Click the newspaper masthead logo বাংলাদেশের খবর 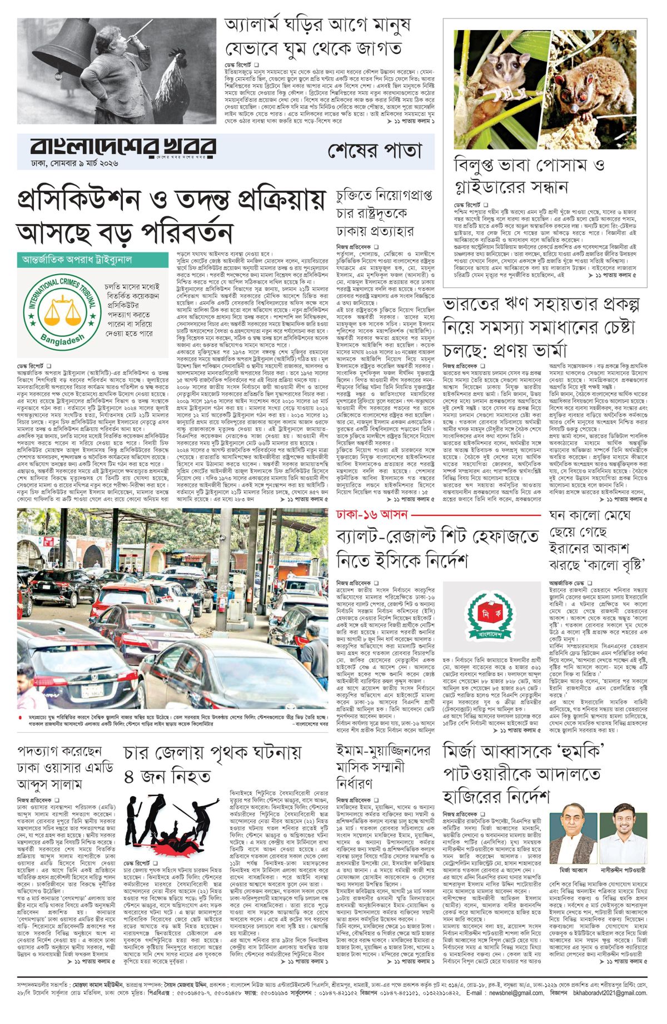[x=122, y=147]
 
